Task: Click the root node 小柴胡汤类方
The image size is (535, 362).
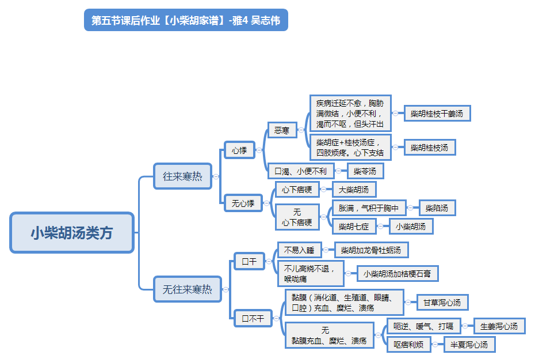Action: point(72,232)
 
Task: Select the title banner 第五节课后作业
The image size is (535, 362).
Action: point(186,20)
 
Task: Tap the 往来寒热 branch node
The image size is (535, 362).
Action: point(182,176)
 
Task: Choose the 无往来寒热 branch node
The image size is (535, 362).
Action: point(188,289)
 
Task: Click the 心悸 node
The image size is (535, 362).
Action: point(239,150)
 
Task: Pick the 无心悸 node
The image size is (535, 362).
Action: point(243,203)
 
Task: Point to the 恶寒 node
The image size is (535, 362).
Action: point(282,130)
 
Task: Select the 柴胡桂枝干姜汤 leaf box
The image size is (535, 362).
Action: point(437,114)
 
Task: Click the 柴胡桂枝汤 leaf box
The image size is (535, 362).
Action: point(430,148)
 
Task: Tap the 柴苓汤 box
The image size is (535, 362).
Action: point(365,171)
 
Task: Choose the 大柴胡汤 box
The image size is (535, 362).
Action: point(354,190)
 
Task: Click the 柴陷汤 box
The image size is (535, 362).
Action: point(437,208)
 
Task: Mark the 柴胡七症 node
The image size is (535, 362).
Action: point(354,227)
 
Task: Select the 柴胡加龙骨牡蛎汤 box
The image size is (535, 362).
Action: point(371,250)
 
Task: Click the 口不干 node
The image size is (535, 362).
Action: point(253,318)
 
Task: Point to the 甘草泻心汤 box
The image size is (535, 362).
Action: point(442,303)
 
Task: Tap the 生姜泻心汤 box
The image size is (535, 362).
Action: point(499,326)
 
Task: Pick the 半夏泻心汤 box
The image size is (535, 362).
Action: point(469,345)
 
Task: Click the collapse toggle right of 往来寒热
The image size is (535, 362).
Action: point(216,177)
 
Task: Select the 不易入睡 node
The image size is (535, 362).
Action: point(299,250)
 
